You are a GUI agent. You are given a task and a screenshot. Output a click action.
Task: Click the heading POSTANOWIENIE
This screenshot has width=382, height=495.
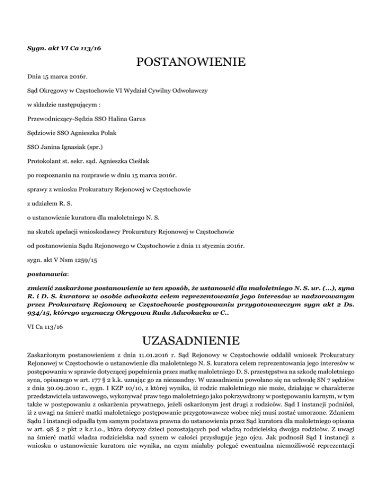click(x=191, y=63)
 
